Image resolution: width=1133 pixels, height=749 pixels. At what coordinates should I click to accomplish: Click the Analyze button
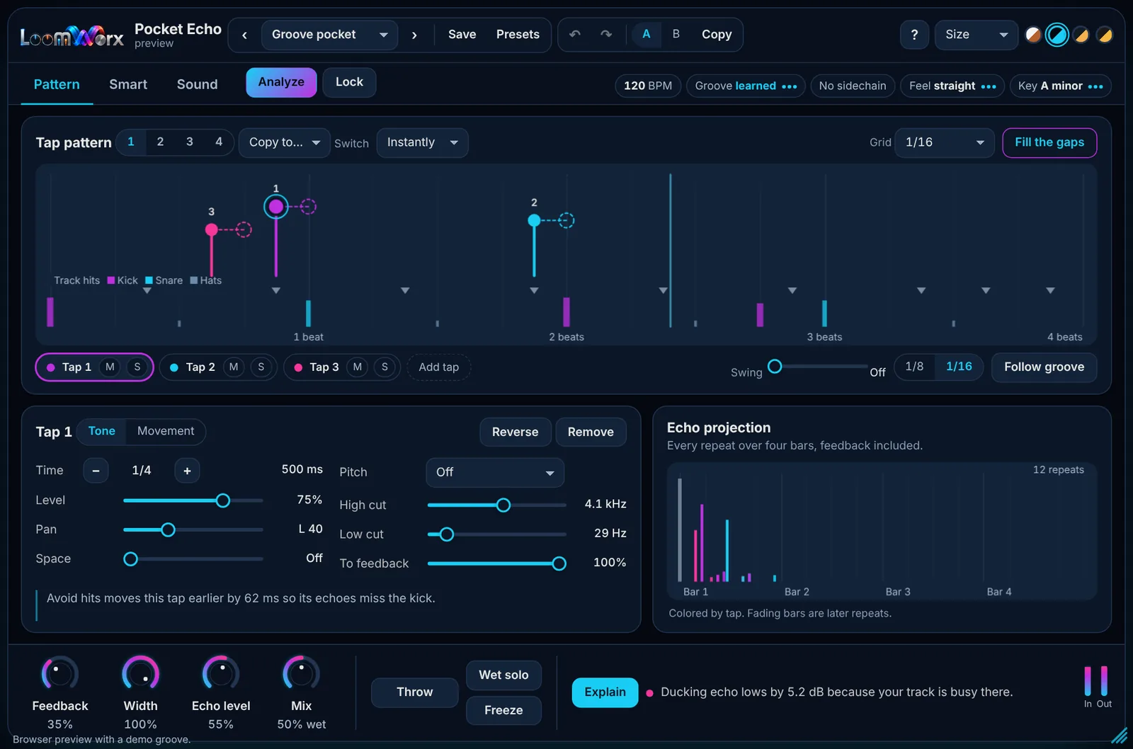pos(281,82)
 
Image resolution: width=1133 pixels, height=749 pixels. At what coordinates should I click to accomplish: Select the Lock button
pos(349,82)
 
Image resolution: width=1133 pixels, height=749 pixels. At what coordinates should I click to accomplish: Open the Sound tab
pos(198,84)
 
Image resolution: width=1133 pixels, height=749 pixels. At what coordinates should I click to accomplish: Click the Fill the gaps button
pos(1049,142)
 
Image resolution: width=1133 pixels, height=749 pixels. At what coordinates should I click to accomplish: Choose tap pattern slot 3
pos(189,142)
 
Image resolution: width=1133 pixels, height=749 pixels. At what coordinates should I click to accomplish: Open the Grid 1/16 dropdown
pos(944,142)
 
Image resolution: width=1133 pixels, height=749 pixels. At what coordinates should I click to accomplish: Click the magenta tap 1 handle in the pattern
pos(275,206)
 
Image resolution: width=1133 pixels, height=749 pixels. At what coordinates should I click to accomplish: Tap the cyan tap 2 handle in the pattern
pos(534,220)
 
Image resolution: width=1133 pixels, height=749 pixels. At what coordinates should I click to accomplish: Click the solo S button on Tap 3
pos(385,367)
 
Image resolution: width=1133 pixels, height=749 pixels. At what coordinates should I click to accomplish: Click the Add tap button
pos(438,367)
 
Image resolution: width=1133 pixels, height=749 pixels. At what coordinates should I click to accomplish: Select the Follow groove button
pos(1044,367)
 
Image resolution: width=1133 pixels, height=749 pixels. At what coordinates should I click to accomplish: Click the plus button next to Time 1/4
pos(187,471)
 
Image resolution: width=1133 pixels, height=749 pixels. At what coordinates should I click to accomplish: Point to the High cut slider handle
pos(503,505)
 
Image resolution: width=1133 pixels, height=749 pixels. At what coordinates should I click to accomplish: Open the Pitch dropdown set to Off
pos(495,472)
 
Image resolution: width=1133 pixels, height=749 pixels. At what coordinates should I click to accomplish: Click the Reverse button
pos(515,432)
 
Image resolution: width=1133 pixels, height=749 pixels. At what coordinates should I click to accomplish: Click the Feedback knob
pos(59,674)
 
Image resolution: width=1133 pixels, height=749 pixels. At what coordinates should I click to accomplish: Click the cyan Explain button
pos(605,692)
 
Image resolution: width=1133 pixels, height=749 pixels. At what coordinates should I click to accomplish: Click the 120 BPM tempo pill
pos(648,86)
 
